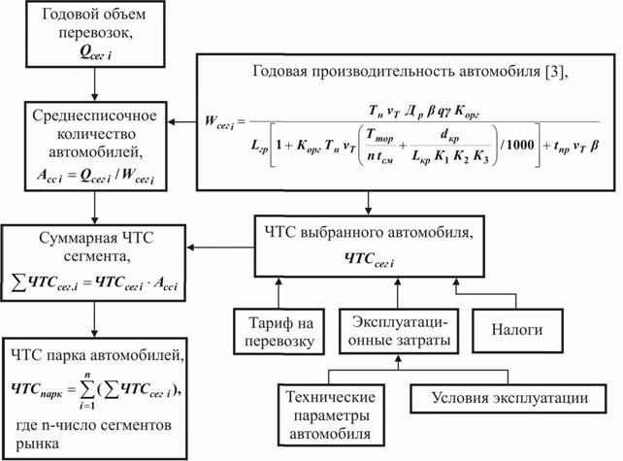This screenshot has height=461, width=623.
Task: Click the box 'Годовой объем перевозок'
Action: click(92, 34)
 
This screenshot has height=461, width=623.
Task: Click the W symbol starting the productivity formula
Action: click(212, 123)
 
